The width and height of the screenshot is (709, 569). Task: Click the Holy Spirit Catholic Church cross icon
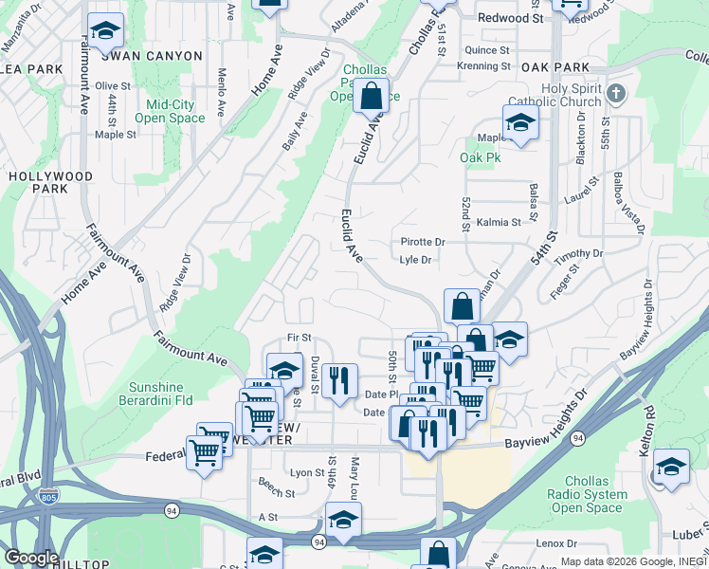616,93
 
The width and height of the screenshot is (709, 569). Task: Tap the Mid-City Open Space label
170,111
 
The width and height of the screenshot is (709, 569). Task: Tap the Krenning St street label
483,66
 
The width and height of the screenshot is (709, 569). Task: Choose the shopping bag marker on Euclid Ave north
372,96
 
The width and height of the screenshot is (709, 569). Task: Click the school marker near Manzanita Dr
105,31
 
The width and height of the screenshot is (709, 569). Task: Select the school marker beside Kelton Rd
671,468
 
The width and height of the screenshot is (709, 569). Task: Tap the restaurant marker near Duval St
339,381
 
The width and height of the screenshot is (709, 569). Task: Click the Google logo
30,558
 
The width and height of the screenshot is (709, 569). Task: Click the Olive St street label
113,85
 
